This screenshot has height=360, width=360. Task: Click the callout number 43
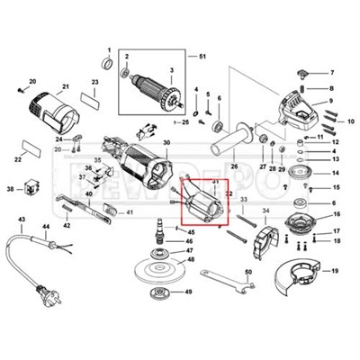[22, 219]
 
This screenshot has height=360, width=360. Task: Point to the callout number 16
[336, 216]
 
